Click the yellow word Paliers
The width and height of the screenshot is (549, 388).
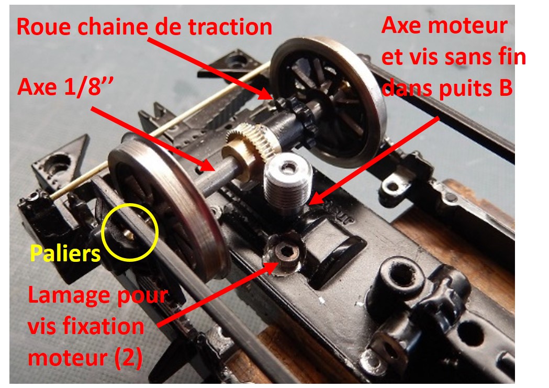tap(65, 253)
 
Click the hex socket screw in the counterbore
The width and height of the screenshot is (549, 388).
tap(286, 253)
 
